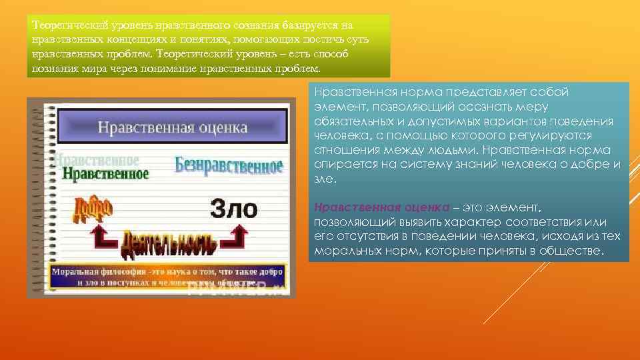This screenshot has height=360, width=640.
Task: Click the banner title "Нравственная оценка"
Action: pos(172,127)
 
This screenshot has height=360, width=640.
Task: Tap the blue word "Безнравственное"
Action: pos(229,165)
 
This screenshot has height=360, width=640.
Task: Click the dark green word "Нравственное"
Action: pos(105,173)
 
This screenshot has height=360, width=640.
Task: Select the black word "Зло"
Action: pos(233,209)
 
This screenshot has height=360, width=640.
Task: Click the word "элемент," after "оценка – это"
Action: pos(515,209)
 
